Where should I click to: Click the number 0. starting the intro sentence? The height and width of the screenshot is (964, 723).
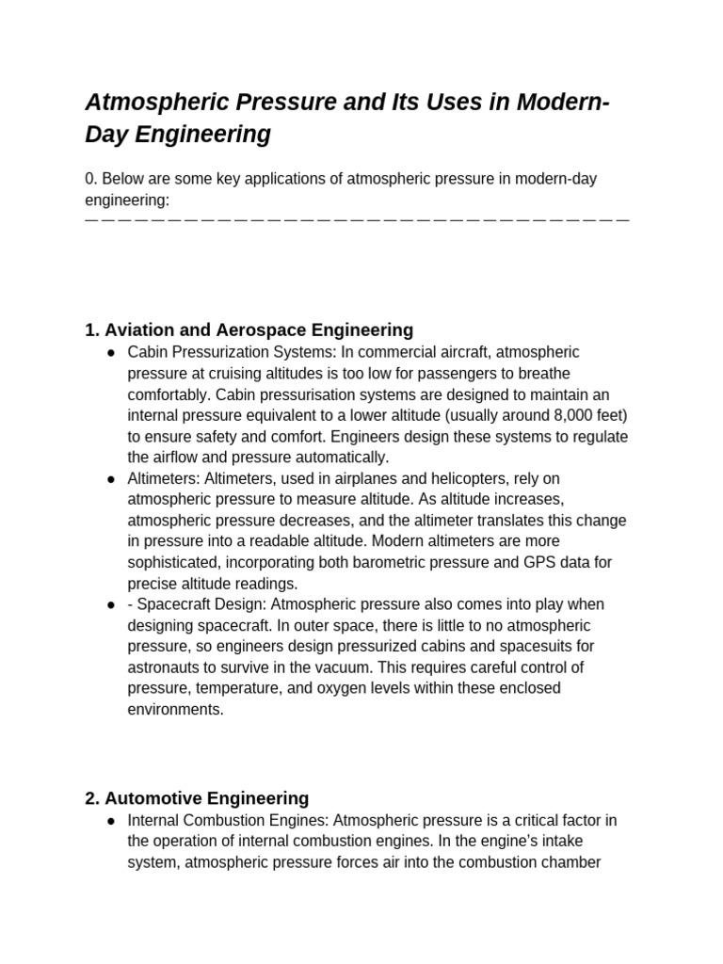point(91,179)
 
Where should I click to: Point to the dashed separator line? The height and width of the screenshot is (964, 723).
point(357,218)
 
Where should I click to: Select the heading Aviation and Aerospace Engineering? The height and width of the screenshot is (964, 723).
point(249,329)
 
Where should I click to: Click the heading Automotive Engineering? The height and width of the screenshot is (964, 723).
point(197,798)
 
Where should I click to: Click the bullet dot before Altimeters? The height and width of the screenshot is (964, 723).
point(111,479)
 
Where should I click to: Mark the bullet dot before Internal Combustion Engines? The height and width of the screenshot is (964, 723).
point(111,821)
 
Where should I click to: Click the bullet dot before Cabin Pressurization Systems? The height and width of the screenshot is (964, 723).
point(111,352)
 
